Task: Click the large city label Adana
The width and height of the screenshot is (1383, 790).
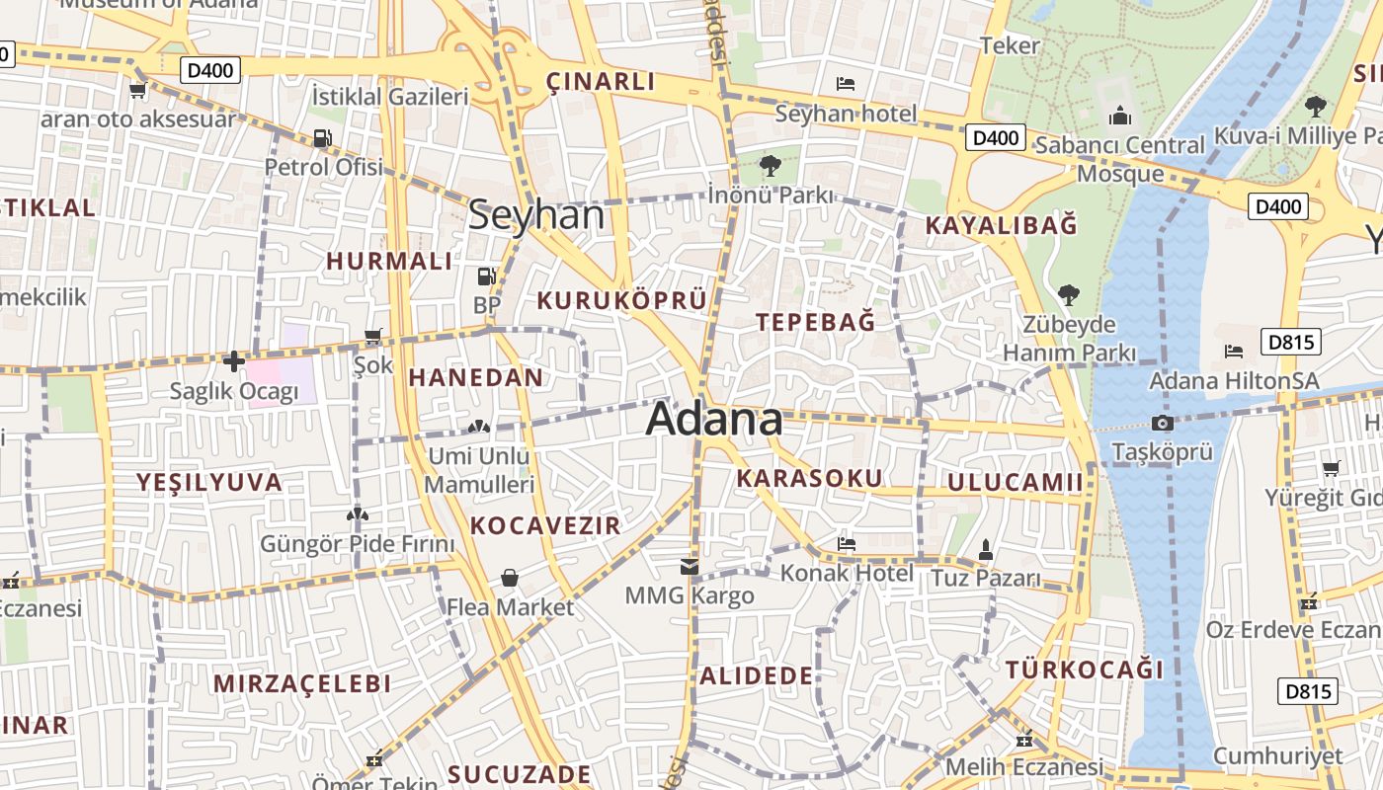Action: tap(714, 419)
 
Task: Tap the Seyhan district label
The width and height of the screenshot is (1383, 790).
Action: tap(536, 214)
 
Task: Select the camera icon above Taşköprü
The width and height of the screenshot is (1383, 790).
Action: tap(1163, 424)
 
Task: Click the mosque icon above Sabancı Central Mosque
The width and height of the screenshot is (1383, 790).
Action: tap(1119, 117)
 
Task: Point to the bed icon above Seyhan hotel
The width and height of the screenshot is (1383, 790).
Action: tap(846, 84)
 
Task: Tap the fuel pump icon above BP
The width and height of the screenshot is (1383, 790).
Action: tap(486, 276)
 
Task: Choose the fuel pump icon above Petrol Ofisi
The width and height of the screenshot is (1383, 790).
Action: tap(322, 138)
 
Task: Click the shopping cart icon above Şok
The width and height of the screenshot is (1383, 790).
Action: tap(372, 337)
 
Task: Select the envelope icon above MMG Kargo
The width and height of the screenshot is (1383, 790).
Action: tap(689, 567)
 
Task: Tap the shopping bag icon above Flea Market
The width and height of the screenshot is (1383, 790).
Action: tap(510, 578)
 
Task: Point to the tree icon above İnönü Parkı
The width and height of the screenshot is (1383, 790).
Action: tap(770, 165)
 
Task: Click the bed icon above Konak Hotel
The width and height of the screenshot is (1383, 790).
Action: tap(847, 543)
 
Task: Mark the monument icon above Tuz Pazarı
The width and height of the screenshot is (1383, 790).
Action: tap(985, 548)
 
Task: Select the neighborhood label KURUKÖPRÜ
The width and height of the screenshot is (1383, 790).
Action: tap(622, 301)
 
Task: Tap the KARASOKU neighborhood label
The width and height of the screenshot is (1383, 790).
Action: tap(809, 479)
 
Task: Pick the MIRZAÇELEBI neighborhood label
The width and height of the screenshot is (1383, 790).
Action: tap(302, 683)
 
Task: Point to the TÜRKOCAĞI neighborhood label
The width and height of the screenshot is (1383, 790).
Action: tap(1085, 670)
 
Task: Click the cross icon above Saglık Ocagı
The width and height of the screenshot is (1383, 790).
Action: tap(234, 361)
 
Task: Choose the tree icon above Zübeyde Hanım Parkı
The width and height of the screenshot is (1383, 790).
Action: tap(1068, 294)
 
